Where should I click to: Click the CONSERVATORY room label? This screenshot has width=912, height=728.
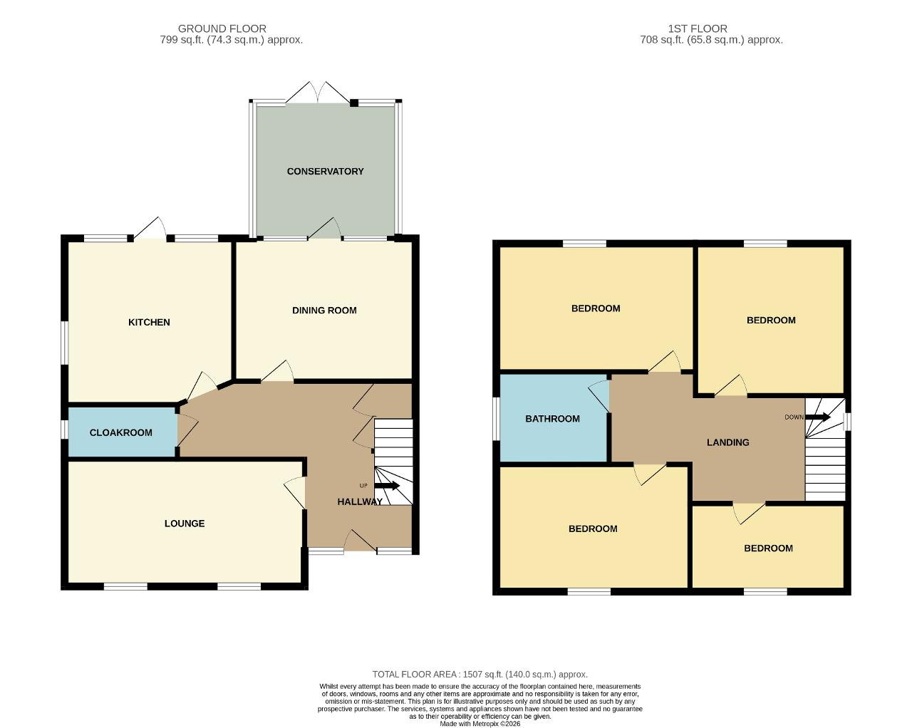pyautogui.click(x=325, y=171)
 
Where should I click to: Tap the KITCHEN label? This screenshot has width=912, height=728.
pyautogui.click(x=149, y=322)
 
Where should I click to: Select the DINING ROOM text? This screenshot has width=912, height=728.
pyautogui.click(x=324, y=310)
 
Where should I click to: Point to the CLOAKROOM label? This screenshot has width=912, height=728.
pyautogui.click(x=121, y=432)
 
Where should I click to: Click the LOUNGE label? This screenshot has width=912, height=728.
pyautogui.click(x=185, y=524)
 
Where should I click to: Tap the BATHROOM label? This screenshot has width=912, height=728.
pyautogui.click(x=552, y=419)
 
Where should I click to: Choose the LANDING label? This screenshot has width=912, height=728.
pyautogui.click(x=727, y=442)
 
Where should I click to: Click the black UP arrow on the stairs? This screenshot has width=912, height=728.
pyautogui.click(x=386, y=486)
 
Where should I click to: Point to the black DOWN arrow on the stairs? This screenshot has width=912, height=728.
pyautogui.click(x=817, y=417)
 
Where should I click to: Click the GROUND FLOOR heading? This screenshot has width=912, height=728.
pyautogui.click(x=222, y=28)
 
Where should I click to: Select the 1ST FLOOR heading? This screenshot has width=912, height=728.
pyautogui.click(x=698, y=28)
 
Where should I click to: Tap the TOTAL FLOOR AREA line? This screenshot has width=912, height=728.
pyautogui.click(x=480, y=674)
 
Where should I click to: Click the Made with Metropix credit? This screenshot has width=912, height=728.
pyautogui.click(x=480, y=724)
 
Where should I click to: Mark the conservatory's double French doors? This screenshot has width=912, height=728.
pyautogui.click(x=318, y=93)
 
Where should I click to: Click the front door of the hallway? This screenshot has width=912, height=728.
pyautogui.click(x=361, y=541)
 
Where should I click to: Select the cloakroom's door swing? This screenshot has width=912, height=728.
pyautogui.click(x=187, y=430)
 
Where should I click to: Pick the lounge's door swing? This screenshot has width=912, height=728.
pyautogui.click(x=294, y=492)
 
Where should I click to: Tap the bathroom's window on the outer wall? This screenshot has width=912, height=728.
pyautogui.click(x=496, y=419)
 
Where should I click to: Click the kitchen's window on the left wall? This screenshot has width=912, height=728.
pyautogui.click(x=64, y=343)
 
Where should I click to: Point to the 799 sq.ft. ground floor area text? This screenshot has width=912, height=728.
pyautogui.click(x=232, y=41)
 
